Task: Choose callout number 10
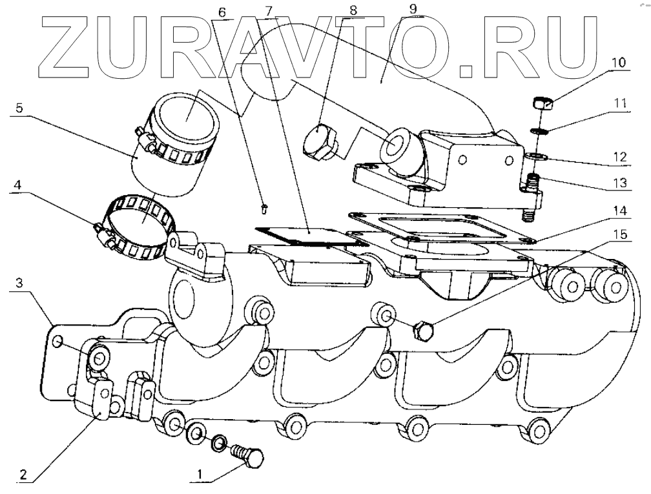tap(619, 63)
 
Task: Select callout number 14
tap(619, 211)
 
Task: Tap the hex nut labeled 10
tap(541, 103)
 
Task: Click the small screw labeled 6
tap(264, 207)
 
